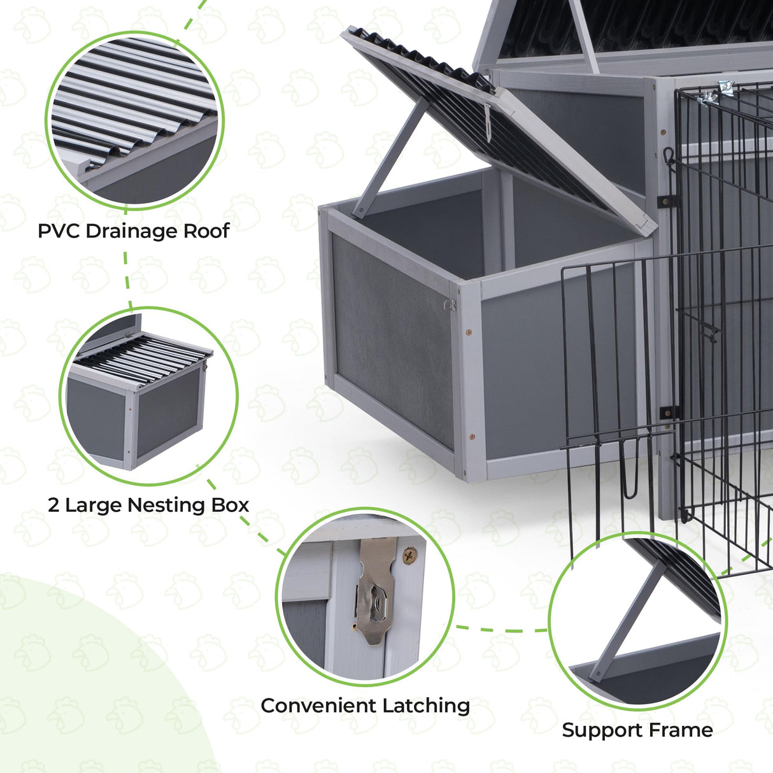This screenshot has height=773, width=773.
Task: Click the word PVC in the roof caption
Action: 59,230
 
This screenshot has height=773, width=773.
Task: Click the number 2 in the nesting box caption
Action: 53,505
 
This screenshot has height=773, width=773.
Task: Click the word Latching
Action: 425,706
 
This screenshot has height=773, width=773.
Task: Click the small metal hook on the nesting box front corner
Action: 450,305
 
